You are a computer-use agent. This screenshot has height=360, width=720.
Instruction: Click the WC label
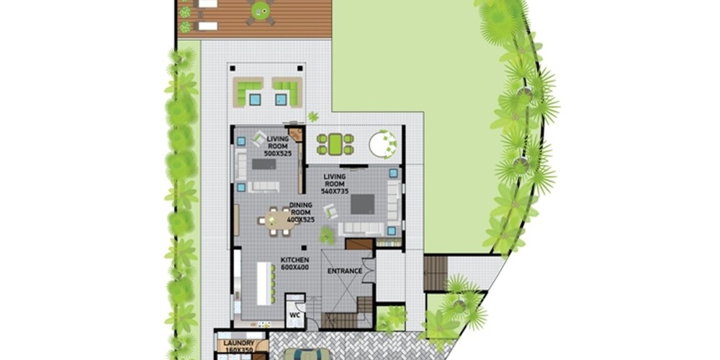click(x=294, y=315)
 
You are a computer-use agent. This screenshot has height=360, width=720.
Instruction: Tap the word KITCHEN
click(x=294, y=260)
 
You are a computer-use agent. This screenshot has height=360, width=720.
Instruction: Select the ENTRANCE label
click(x=345, y=271)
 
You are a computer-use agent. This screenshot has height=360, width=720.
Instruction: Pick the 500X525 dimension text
click(x=277, y=153)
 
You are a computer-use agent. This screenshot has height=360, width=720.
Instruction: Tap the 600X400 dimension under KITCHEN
click(x=294, y=267)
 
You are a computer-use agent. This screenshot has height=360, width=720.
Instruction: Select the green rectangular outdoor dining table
click(x=336, y=144)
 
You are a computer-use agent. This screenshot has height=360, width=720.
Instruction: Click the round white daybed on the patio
click(x=382, y=144)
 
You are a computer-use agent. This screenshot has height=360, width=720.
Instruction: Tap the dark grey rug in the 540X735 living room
click(x=362, y=204)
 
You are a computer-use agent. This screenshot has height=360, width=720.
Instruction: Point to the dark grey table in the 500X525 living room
click(x=264, y=164)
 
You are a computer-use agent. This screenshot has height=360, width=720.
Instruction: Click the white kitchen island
click(x=264, y=283)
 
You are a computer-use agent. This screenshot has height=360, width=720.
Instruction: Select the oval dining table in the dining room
click(x=274, y=221)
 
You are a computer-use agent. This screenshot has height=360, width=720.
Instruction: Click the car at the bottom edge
click(x=307, y=354)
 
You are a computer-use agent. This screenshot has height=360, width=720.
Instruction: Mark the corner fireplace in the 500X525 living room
click(x=296, y=135)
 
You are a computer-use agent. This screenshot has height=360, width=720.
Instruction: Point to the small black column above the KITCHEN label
click(x=304, y=248)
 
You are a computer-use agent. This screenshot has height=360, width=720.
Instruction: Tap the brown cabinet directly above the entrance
click(x=359, y=244)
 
